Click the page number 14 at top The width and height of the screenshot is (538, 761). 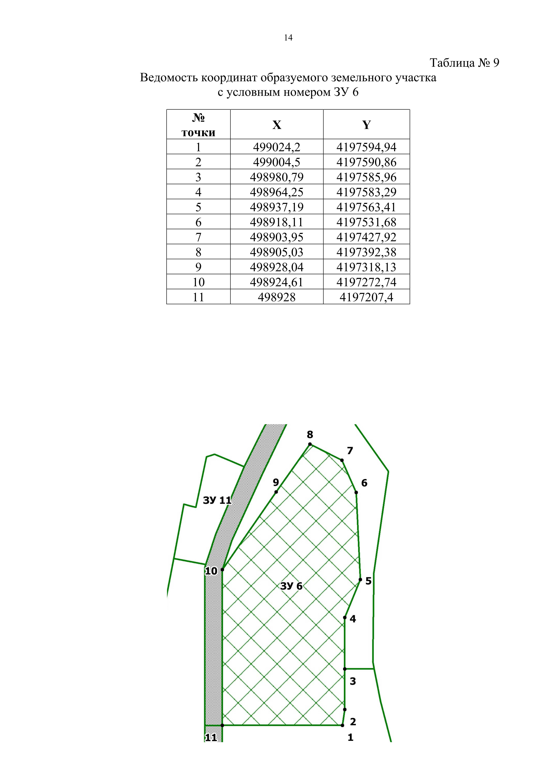click(x=288, y=38)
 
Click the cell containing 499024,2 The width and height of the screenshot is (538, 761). click(x=277, y=147)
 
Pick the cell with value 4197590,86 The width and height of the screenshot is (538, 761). click(x=366, y=162)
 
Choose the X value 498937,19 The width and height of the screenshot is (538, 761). click(x=277, y=207)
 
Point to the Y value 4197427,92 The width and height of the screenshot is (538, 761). click(x=366, y=237)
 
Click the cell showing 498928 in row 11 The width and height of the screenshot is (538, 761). click(x=277, y=297)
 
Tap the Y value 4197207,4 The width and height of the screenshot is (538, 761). click(x=366, y=297)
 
